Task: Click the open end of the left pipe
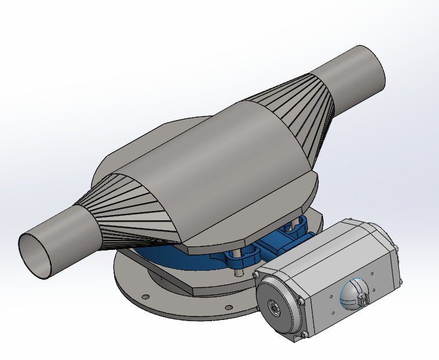coord(36,256)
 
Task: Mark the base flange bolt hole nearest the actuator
coord(228,307)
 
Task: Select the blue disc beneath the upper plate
coord(174,258)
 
